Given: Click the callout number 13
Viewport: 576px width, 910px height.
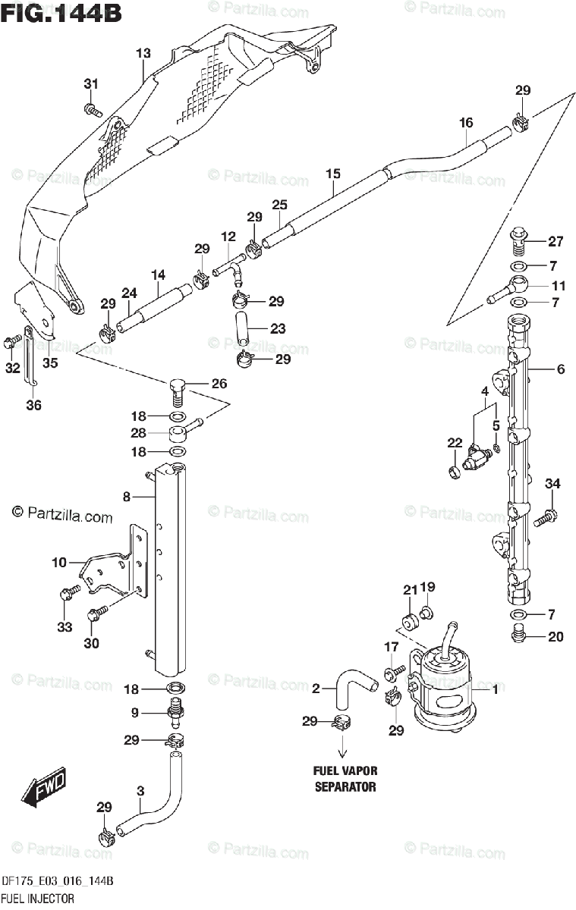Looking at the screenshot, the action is coord(143,53).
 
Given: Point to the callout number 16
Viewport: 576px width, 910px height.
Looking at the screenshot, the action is coord(466,122).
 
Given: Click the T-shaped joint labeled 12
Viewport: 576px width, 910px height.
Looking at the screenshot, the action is coord(229,269).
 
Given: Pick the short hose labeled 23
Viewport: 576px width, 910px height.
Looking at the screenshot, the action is coord(243,328).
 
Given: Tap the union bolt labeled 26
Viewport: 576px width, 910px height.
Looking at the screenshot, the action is coord(178,392).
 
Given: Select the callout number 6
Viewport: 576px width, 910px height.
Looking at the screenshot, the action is coord(561,369).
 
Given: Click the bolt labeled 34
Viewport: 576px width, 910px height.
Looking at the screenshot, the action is coord(545,517).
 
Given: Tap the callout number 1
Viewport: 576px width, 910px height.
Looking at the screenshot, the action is coord(495,689).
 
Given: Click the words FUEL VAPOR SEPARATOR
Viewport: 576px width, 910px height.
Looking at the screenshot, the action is coord(345,778).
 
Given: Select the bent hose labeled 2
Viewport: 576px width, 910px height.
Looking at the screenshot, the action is coord(353,686).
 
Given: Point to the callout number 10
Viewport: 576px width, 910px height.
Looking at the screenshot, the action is coord(59,563).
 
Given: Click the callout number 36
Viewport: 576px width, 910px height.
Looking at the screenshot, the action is coord(33,405).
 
